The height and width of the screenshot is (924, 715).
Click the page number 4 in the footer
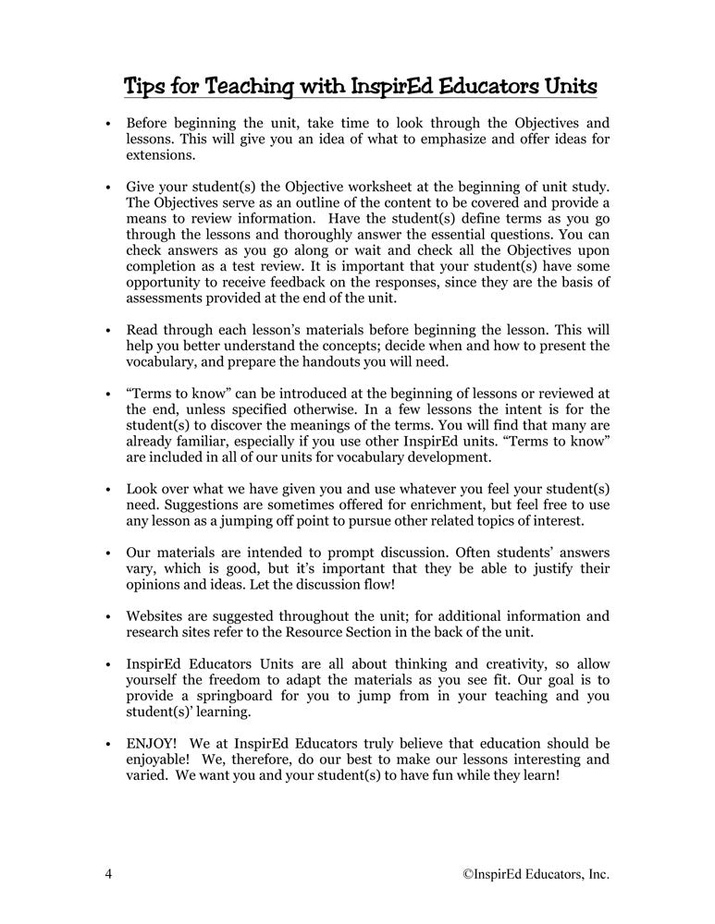[x=108, y=873]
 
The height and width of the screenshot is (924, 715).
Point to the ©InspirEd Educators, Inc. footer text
[x=536, y=873]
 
